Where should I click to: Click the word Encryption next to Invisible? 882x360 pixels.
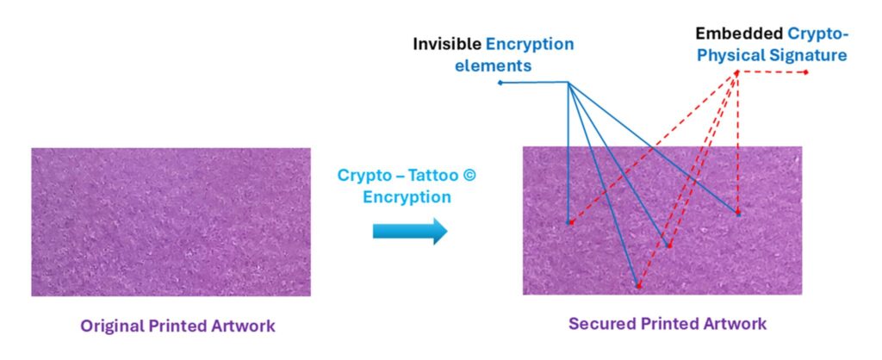530,44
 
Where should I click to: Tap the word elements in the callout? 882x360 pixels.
504,65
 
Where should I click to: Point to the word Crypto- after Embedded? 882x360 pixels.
818,34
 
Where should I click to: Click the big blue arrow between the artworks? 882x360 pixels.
410,231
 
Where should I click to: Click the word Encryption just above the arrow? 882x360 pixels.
407,196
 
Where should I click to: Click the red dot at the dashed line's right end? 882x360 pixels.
805,71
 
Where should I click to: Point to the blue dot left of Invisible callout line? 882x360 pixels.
500,83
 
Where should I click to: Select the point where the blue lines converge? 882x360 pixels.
568,83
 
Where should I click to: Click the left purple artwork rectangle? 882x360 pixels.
171,221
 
